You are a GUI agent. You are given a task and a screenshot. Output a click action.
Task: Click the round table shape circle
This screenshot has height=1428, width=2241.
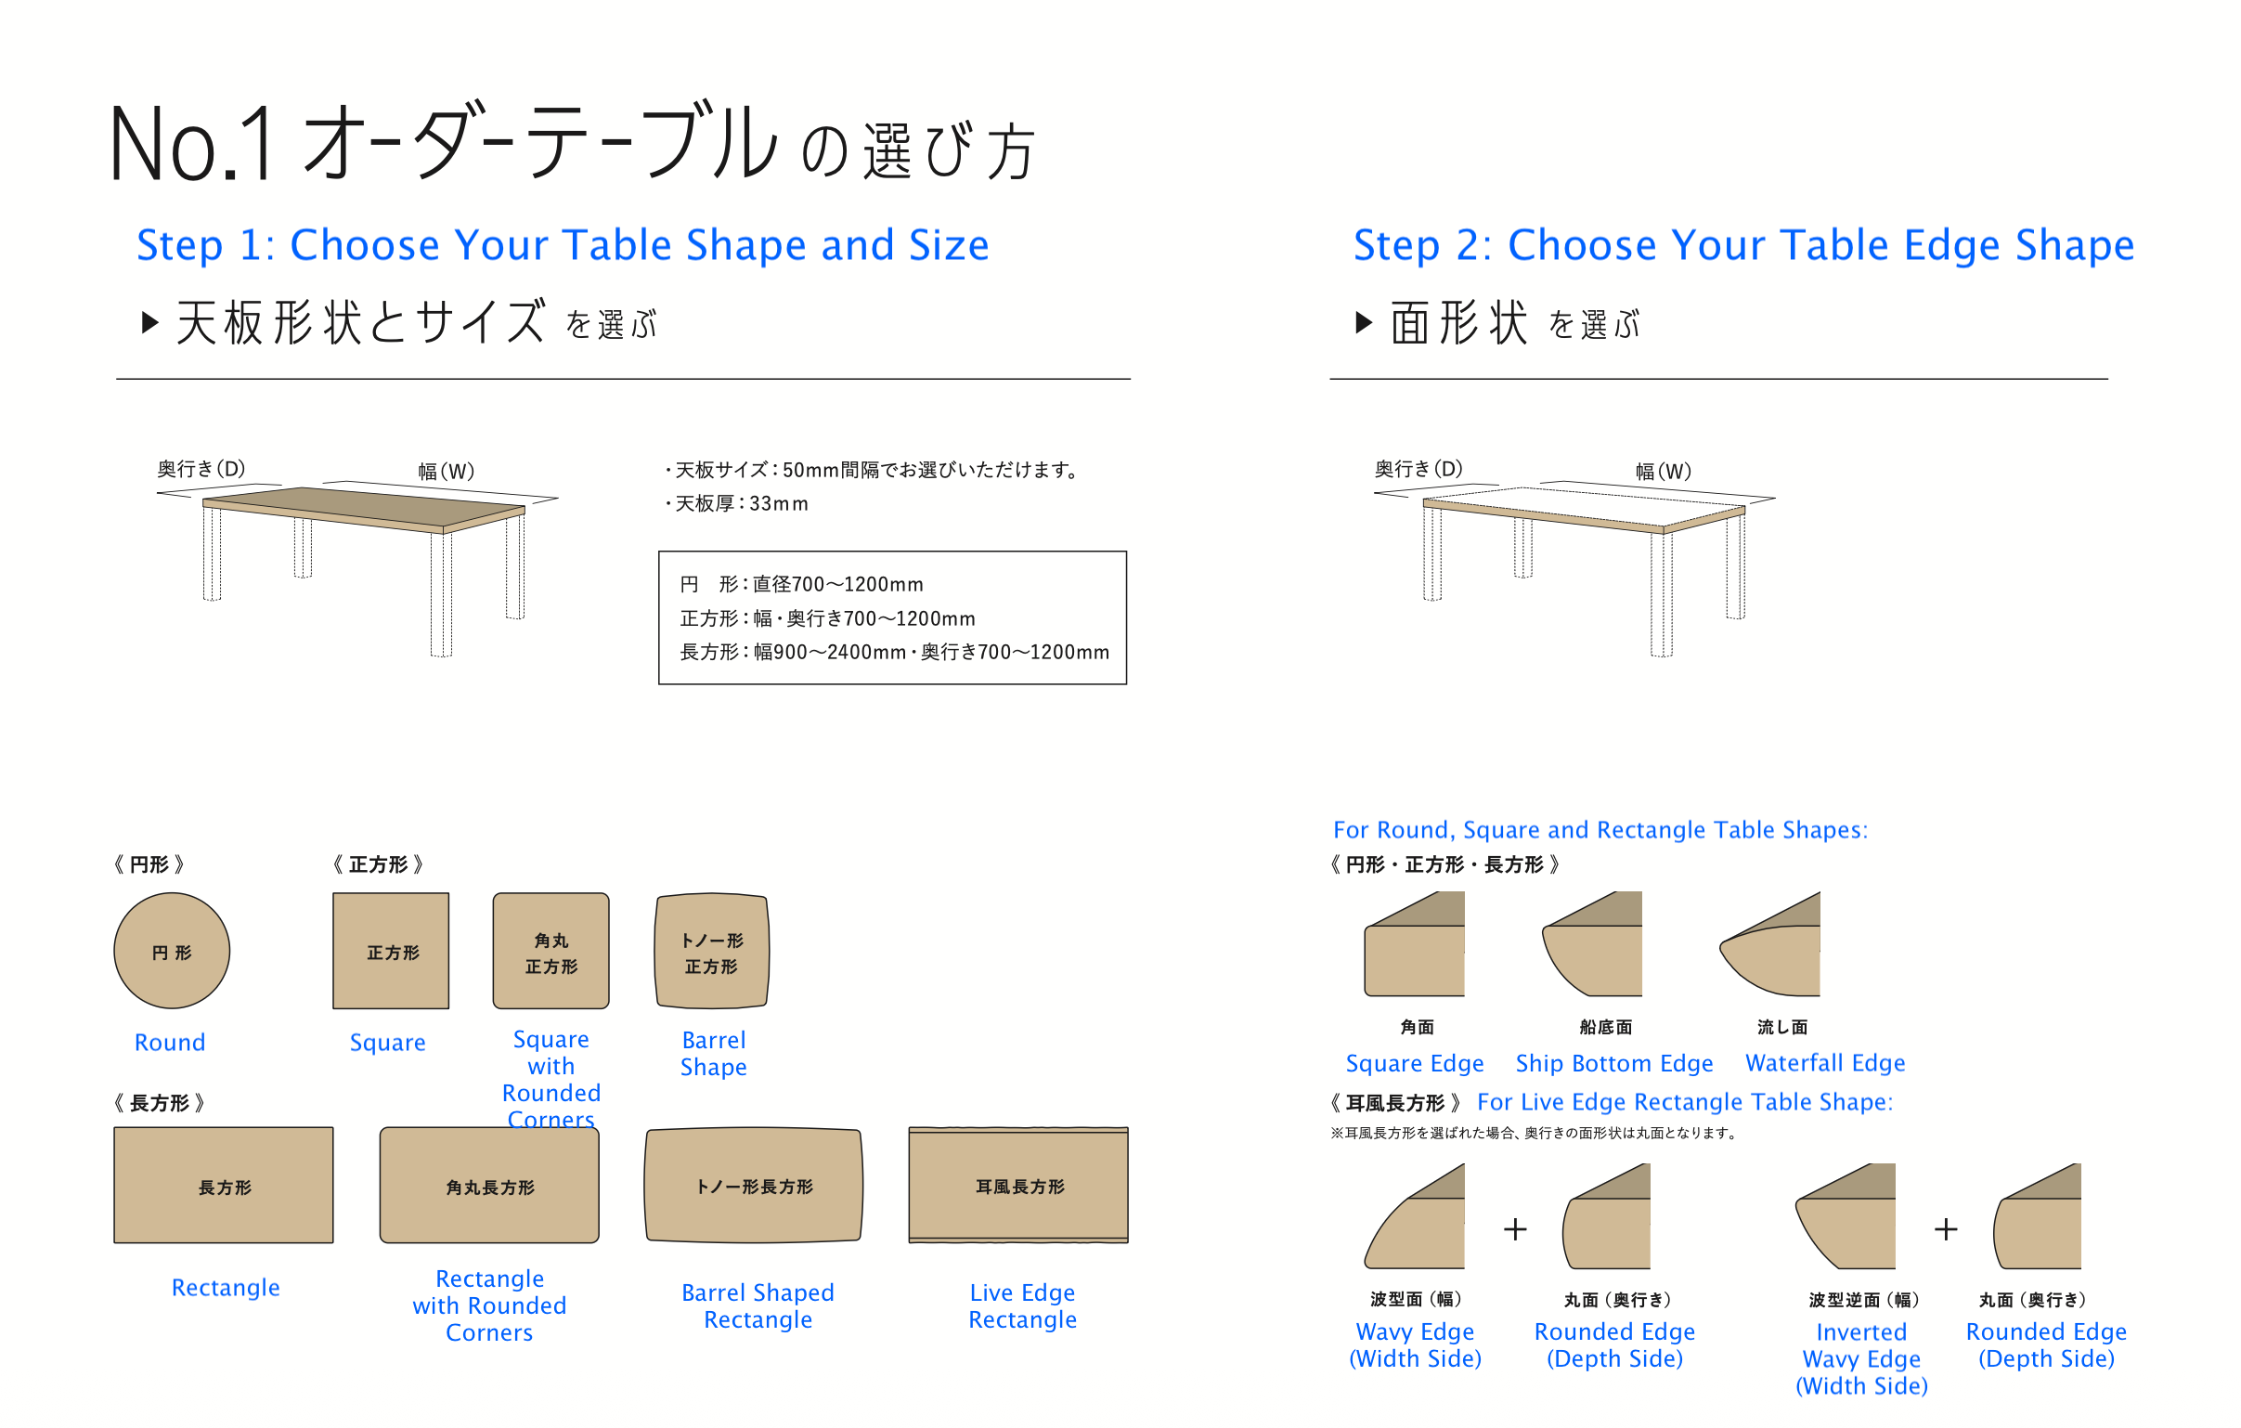coord(172,951)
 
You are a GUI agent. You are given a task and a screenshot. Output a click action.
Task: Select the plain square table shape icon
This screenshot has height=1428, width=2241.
coord(391,951)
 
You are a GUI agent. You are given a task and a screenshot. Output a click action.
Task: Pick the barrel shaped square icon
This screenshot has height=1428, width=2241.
coord(712,951)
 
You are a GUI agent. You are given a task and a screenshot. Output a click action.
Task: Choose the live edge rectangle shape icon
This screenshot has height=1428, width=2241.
coord(1018,1185)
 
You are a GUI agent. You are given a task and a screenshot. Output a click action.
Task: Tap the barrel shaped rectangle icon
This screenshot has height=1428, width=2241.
coord(754,1185)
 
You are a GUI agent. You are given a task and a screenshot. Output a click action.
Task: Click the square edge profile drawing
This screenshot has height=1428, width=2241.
coord(1415,944)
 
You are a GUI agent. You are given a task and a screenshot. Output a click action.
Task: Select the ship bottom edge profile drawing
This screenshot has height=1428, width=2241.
coord(1592,944)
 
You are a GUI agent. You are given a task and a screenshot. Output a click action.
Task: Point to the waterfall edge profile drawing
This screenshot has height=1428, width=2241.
coord(1769,944)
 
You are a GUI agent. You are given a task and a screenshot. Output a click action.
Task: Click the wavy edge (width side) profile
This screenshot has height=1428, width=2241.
coord(1415,1215)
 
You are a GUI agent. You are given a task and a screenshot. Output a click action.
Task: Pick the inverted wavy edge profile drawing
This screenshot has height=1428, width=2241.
coord(1846,1215)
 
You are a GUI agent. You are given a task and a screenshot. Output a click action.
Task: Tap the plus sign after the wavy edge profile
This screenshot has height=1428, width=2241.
coord(1515,1229)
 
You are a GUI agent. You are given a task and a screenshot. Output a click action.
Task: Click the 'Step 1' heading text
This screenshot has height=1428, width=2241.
coord(563,245)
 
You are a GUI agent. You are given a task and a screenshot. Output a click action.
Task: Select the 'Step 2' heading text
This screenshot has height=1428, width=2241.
coord(1743,245)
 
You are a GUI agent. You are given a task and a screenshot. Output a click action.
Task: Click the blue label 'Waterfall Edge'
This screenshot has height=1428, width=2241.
coord(1825,1062)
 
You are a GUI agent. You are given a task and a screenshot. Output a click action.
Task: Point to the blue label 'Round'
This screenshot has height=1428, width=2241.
coord(169,1042)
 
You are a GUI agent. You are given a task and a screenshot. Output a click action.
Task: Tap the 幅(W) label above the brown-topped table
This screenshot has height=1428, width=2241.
coord(446,471)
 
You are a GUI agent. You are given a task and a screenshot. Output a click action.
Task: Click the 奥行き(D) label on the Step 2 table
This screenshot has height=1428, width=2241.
coord(1418,468)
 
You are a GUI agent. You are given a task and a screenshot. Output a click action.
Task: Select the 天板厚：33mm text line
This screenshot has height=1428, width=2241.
coord(736,503)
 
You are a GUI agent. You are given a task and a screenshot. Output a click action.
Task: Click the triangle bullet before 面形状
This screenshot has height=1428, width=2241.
coord(1365,322)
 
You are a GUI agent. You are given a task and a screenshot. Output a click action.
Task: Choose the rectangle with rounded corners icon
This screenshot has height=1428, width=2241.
coord(489,1185)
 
